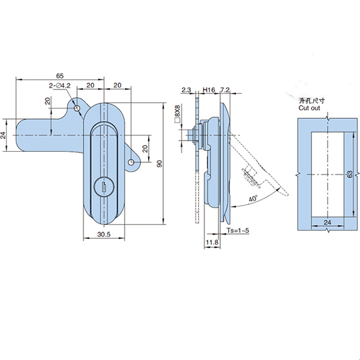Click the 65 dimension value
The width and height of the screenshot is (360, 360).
(x=60, y=76)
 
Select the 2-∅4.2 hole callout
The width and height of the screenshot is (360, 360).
(x=60, y=86)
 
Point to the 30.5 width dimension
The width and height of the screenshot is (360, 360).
(x=103, y=236)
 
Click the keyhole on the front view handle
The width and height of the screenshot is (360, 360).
(x=104, y=188)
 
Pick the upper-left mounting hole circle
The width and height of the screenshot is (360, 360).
(x=77, y=108)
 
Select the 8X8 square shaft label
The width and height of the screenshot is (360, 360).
(x=178, y=113)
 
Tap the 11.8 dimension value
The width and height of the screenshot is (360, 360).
(x=211, y=243)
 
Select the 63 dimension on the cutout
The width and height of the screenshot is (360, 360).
(x=351, y=174)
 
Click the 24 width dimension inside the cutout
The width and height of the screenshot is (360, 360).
(x=327, y=222)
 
